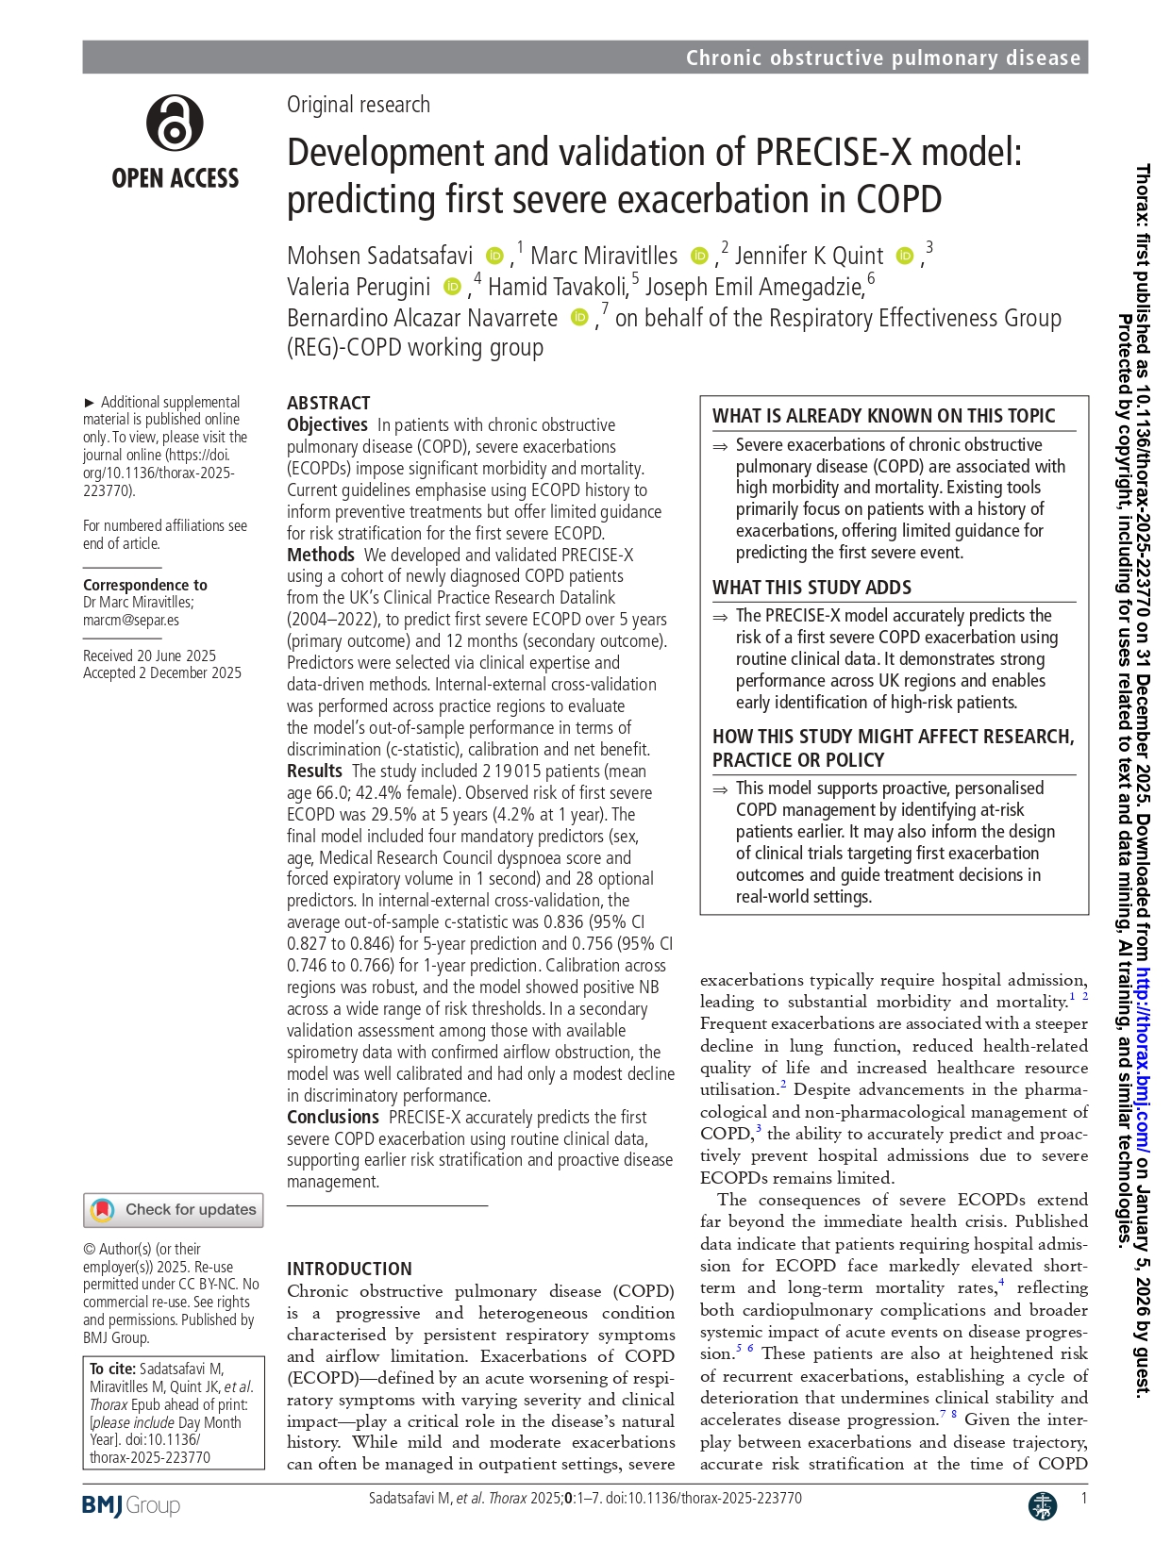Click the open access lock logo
[175, 124]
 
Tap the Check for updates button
[174, 1210]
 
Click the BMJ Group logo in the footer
[130, 1505]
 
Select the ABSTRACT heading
[328, 403]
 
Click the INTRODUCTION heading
[349, 1269]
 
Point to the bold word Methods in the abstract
[321, 555]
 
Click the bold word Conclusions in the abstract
[333, 1117]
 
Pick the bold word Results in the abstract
[314, 771]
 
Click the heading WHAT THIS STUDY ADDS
[811, 588]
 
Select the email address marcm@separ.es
[131, 620]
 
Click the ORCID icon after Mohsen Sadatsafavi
[494, 256]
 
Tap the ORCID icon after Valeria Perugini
[452, 287]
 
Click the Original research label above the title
[359, 105]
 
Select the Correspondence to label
[145, 585]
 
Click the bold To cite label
[111, 1369]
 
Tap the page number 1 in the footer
[1083, 1498]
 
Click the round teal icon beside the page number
[1042, 1505]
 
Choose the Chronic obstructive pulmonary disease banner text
[882, 58]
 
